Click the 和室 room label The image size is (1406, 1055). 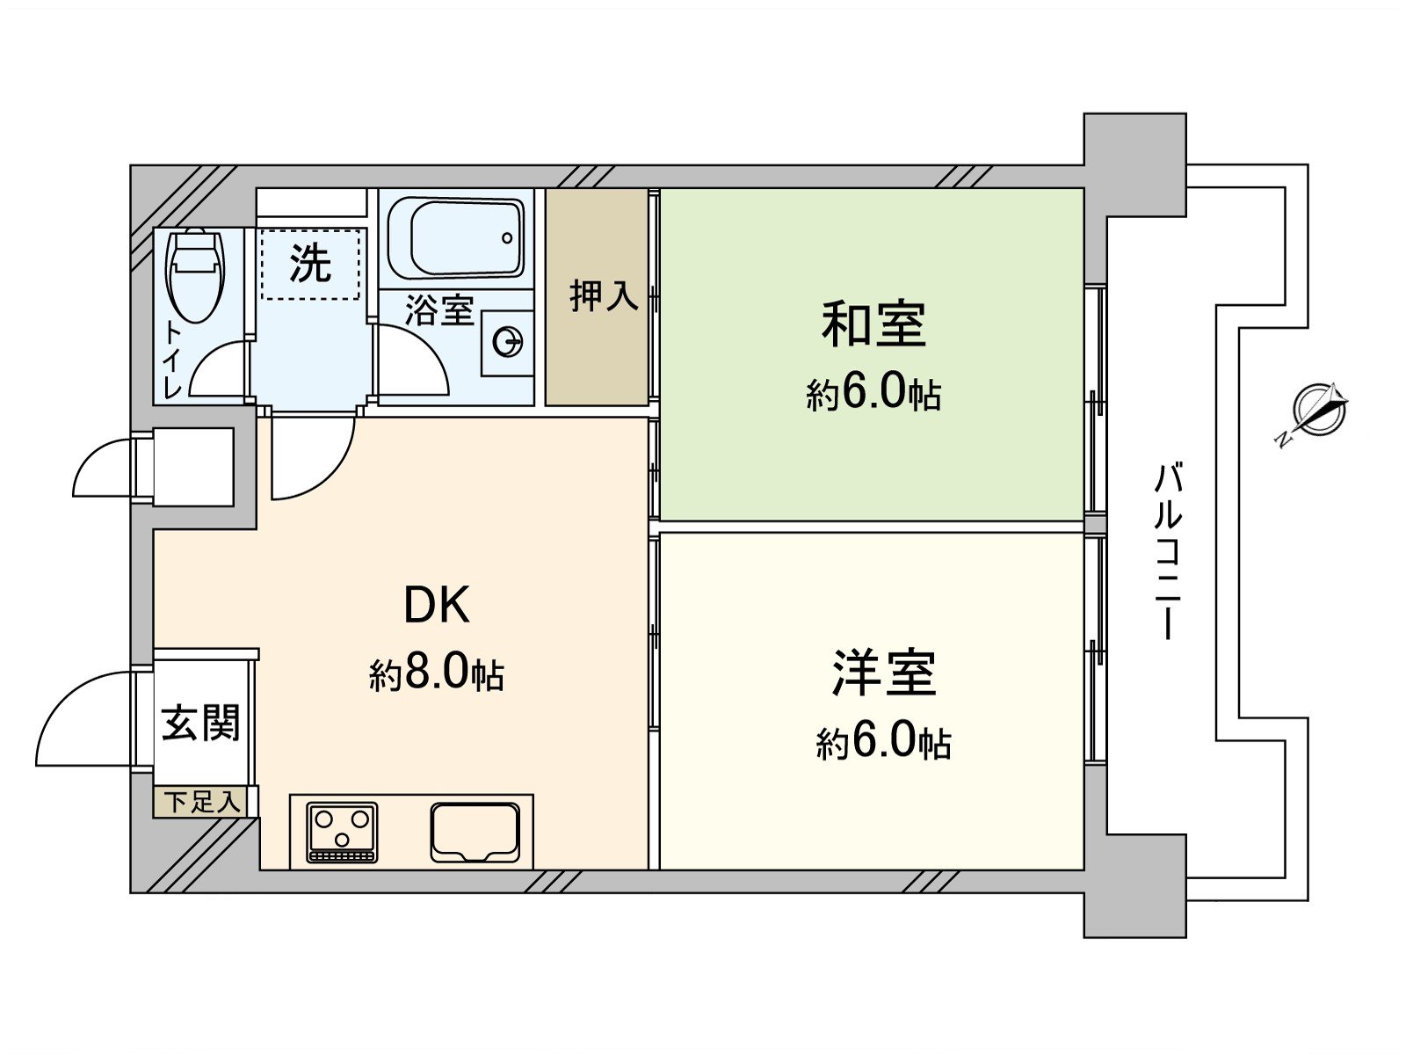tap(873, 324)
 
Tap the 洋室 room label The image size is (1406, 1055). tap(883, 673)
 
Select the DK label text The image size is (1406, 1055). tap(437, 605)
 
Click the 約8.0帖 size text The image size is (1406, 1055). tap(437, 674)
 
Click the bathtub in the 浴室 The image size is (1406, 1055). tap(455, 237)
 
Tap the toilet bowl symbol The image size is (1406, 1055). tap(195, 273)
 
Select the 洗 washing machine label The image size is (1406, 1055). tap(311, 261)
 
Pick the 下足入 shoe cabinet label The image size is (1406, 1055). tap(203, 803)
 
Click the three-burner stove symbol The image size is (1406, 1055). tap(342, 831)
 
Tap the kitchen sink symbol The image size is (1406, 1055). tap(475, 831)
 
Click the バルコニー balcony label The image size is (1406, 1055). tap(1168, 553)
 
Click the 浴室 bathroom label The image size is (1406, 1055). tap(438, 309)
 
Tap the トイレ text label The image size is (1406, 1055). tap(173, 360)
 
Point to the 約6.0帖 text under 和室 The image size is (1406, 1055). tap(873, 394)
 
